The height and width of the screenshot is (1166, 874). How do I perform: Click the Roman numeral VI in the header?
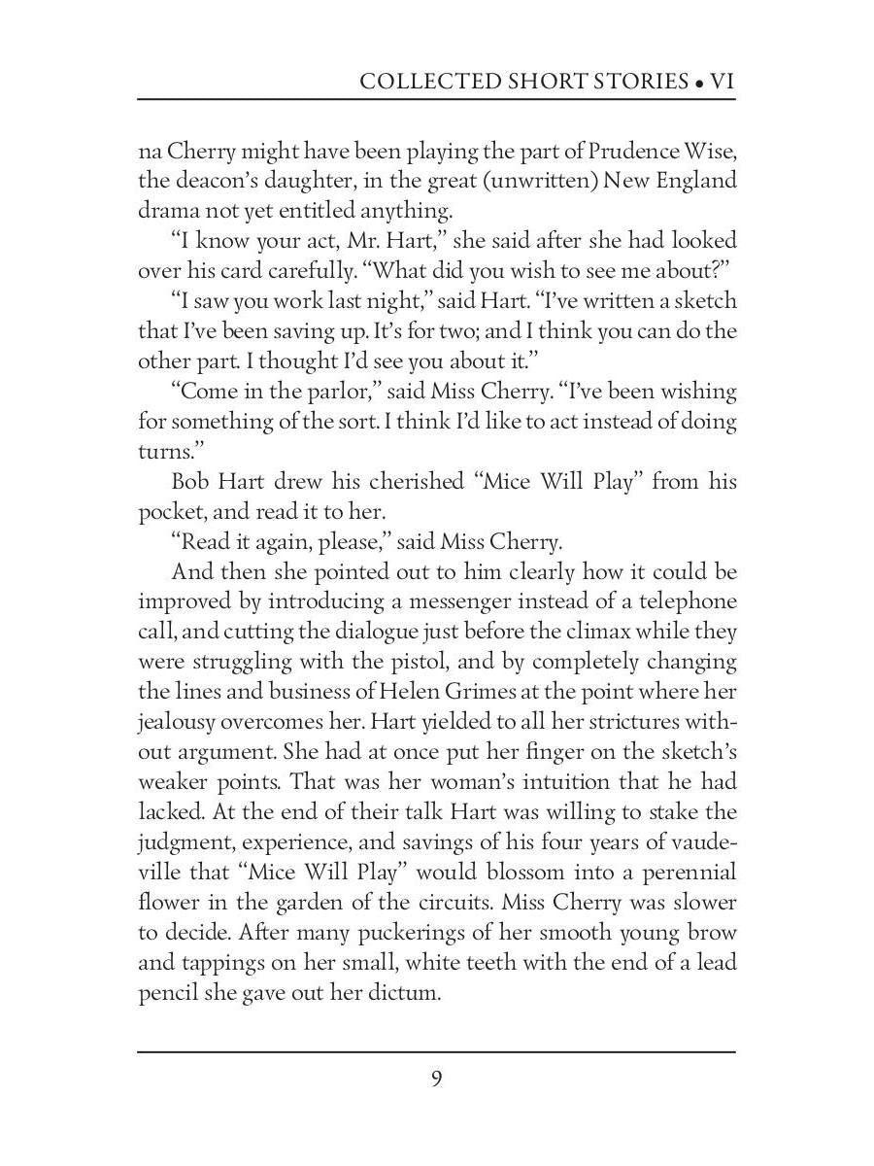(x=723, y=81)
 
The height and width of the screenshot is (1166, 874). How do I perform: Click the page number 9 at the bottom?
(x=437, y=1079)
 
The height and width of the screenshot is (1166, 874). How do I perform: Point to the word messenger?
(x=496, y=601)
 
